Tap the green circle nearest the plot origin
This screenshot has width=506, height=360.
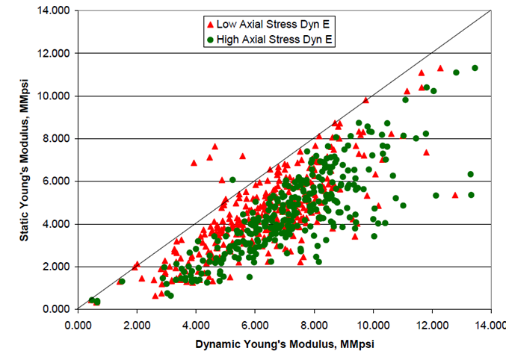point(92,300)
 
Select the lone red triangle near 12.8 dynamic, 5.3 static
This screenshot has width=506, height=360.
point(455,195)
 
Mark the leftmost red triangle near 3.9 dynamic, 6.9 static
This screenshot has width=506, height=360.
point(194,162)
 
